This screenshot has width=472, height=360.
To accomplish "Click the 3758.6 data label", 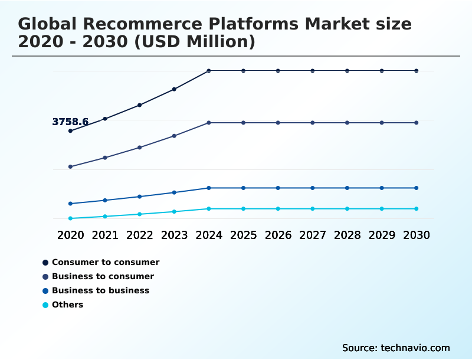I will tap(70, 122).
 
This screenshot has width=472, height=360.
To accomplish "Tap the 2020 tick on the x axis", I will tap(70, 235).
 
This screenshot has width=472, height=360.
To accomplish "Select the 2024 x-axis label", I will tap(209, 235).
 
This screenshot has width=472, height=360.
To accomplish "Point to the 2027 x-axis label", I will tap(313, 235).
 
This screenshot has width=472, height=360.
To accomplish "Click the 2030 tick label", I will tap(417, 235).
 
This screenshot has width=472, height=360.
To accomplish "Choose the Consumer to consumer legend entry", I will tap(106, 262).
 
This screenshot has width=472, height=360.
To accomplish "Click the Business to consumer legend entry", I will tap(103, 276).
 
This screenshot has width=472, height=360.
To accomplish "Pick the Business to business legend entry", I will tap(100, 290).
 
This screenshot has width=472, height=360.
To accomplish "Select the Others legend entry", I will tap(67, 305).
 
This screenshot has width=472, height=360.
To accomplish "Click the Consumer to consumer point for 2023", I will tap(174, 89).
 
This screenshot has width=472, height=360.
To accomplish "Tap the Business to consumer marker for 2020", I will tap(70, 166).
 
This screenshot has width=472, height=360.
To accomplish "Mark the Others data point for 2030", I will tap(417, 209).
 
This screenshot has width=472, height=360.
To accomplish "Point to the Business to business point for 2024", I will tap(209, 188).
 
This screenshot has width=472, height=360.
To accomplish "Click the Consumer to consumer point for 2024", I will tap(209, 71).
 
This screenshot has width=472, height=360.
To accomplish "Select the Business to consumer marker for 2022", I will tap(139, 147).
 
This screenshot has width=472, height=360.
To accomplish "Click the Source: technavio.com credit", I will tap(396, 348).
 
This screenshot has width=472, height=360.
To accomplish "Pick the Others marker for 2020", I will tap(70, 218).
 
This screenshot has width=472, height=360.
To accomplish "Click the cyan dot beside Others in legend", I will tap(45, 305).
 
